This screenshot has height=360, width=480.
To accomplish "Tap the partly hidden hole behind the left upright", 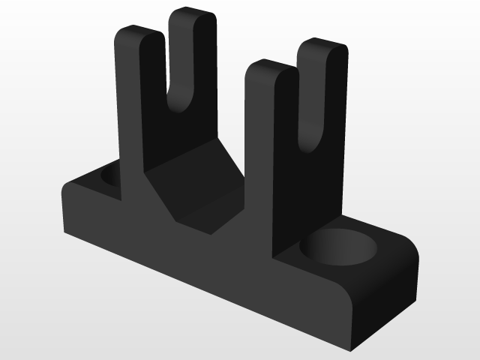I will [x=107, y=177].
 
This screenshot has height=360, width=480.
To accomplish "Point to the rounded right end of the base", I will [x=401, y=274].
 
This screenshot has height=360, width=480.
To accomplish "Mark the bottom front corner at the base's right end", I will [x=350, y=346].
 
